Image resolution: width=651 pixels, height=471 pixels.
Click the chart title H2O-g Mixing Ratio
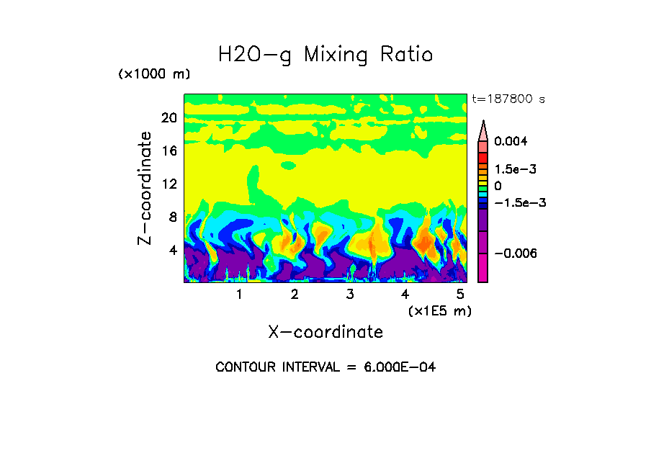pyautogui.click(x=325, y=55)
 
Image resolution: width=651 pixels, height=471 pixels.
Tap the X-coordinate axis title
pyautogui.click(x=325, y=332)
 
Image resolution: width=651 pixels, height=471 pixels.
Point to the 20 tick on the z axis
pyautogui.click(x=169, y=118)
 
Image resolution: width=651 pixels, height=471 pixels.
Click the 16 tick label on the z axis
pyautogui.click(x=169, y=151)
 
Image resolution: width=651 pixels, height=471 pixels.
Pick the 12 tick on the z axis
pyautogui.click(x=169, y=184)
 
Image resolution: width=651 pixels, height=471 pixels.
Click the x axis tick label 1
pyautogui.click(x=239, y=294)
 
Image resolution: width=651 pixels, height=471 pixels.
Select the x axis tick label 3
pyautogui.click(x=349, y=294)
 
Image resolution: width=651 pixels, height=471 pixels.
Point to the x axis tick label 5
pyautogui.click(x=459, y=294)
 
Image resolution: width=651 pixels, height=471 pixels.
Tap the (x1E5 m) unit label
pyautogui.click(x=439, y=310)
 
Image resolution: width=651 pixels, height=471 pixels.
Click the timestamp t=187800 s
pyautogui.click(x=508, y=99)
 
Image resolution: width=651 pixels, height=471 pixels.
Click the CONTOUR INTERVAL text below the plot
pyautogui.click(x=325, y=367)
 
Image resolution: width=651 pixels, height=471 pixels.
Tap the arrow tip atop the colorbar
pyautogui.click(x=483, y=124)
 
